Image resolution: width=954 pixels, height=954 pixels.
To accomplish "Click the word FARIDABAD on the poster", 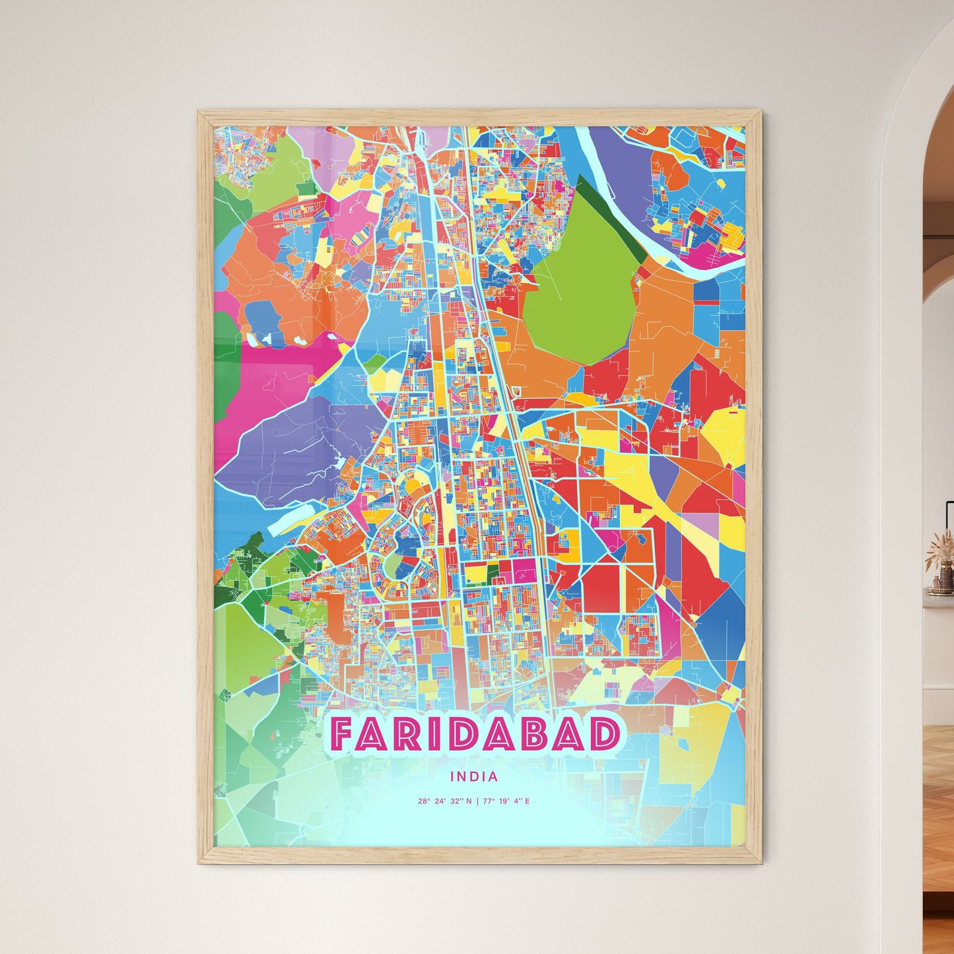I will point(475,734).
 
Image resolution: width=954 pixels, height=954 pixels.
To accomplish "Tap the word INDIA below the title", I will point(474,777).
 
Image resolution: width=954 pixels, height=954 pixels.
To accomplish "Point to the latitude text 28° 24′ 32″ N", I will point(444,801).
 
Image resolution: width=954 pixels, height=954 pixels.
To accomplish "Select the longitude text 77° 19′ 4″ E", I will point(506,801).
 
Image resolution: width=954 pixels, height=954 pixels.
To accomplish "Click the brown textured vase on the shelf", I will point(939,581).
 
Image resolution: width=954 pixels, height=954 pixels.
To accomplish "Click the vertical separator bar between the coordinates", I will point(477,801).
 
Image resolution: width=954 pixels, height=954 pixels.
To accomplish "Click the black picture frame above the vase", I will point(949,522).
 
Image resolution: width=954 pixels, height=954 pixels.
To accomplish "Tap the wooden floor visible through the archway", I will point(937,825).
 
